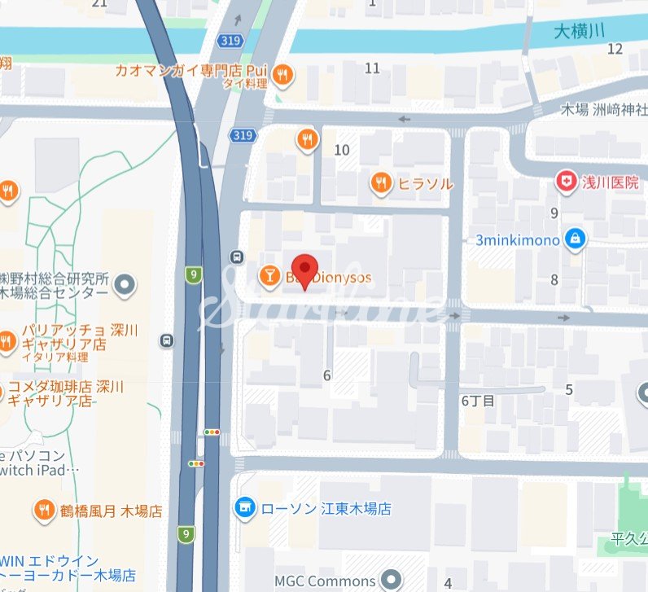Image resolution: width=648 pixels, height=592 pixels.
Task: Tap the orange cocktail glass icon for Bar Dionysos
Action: [x=267, y=277]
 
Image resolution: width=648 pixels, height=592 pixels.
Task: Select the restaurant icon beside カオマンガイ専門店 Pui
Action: [x=283, y=75]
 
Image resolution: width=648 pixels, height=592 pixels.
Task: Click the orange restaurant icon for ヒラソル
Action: [x=380, y=183]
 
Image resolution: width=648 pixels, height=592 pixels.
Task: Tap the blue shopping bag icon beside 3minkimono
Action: [x=576, y=240]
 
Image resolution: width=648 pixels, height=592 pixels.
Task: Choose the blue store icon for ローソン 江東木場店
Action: [x=243, y=508]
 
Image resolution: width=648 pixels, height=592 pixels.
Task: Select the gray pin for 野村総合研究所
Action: [x=125, y=285]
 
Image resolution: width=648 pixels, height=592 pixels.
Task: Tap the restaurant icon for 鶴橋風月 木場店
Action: [x=43, y=511]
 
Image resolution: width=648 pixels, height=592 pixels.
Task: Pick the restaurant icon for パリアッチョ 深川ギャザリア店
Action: [x=7, y=341]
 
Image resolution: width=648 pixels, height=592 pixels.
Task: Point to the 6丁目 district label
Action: [x=479, y=400]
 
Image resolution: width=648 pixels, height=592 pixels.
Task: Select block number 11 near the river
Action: [x=372, y=68]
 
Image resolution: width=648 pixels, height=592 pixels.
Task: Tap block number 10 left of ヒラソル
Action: [x=342, y=150]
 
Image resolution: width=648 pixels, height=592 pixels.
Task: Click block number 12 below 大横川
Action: [x=615, y=49]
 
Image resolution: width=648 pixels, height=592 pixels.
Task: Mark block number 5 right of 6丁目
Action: [x=569, y=390]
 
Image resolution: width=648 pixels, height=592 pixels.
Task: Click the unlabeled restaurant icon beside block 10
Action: [x=307, y=139]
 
